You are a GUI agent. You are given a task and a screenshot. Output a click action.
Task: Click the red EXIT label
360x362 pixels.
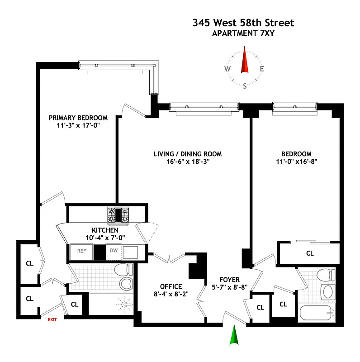click(52, 319)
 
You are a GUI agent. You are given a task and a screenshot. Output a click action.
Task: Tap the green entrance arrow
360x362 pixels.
click(234, 335)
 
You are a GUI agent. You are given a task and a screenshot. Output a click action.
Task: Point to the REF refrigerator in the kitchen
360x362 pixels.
click(81, 251)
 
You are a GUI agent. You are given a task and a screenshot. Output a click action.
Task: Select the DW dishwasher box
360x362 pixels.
click(114, 251)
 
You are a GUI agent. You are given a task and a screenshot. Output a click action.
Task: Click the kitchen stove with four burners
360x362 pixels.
click(118, 215)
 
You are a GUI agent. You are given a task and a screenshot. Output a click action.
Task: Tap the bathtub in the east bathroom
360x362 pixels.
click(317, 313)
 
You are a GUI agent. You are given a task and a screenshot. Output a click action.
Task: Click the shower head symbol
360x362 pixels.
click(125, 305)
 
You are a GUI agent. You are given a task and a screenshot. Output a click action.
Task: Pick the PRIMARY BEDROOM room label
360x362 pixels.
click(78, 118)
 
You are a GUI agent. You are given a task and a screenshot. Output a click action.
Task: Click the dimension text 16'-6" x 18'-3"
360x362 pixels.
click(188, 162)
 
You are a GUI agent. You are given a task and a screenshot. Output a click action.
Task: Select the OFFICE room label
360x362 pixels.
click(171, 286)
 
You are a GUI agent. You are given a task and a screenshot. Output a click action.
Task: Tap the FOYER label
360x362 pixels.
click(229, 280)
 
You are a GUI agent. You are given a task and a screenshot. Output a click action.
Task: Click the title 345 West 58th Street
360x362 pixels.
click(243, 23)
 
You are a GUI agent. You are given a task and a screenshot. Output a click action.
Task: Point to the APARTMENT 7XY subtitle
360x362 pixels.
click(243, 33)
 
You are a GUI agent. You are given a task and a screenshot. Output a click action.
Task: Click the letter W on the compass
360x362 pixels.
click(227, 69)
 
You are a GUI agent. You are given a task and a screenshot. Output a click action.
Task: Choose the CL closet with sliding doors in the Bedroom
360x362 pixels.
click(310, 253)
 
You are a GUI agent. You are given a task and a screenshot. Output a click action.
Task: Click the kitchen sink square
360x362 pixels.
click(130, 252)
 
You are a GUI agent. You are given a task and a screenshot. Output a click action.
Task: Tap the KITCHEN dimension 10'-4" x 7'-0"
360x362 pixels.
click(105, 238)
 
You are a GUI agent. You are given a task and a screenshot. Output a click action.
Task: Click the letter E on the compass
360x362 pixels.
click(262, 69)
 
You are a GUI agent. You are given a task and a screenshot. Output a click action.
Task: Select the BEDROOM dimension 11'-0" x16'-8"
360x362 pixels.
click(297, 162)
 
